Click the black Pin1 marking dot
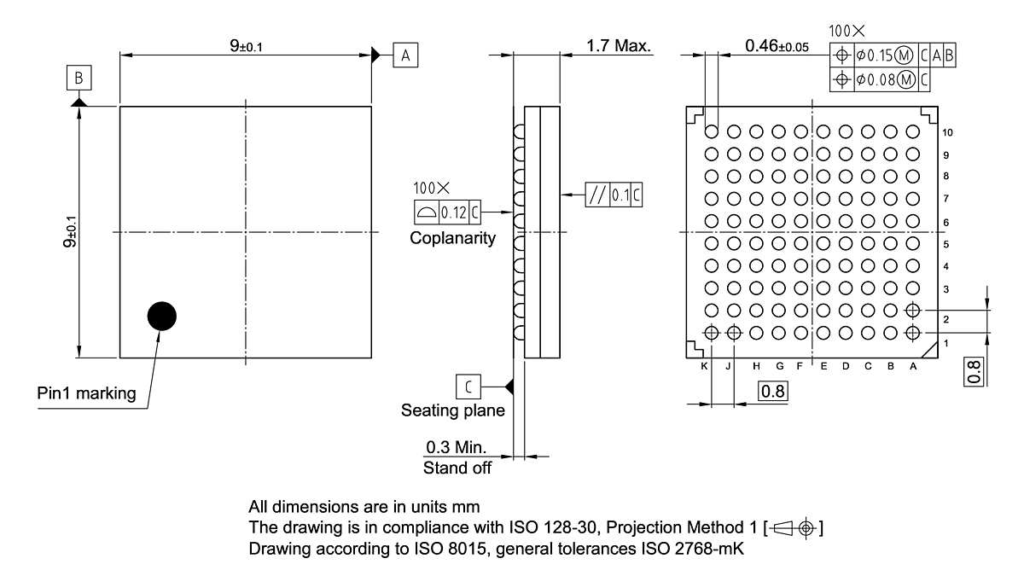tap(161, 317)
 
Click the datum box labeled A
tap(405, 55)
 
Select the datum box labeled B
tap(79, 79)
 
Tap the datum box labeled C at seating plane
tap(468, 387)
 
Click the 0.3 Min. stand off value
tap(456, 447)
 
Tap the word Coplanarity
tap(452, 239)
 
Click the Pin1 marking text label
tap(86, 393)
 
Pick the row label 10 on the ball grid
tap(948, 133)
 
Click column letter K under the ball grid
tap(704, 366)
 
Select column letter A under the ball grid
tap(913, 366)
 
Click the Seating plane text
tap(453, 410)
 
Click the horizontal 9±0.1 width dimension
tap(246, 46)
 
